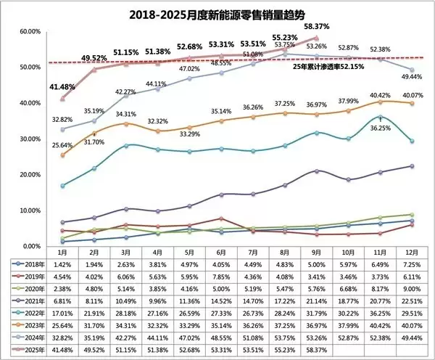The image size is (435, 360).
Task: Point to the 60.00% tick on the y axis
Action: tap(33, 32)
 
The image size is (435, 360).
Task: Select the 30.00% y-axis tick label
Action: tap(33, 139)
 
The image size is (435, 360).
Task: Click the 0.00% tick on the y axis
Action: tap(34, 245)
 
